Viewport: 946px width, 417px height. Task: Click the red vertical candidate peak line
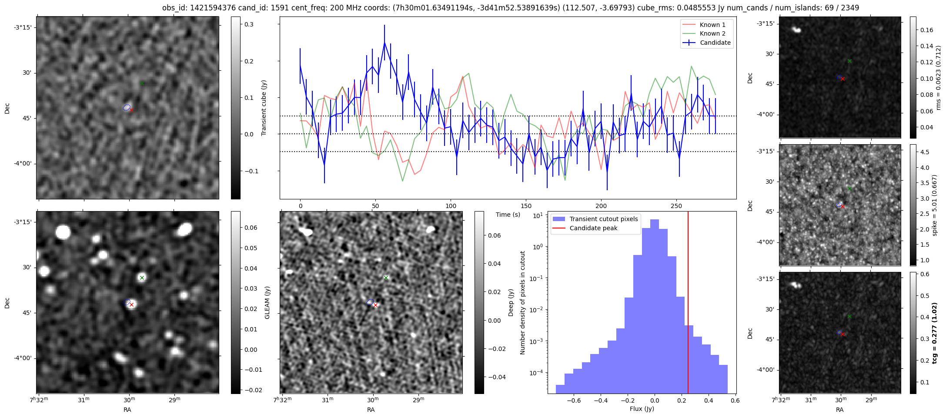click(688, 304)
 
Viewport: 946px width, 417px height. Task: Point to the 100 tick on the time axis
click(451, 206)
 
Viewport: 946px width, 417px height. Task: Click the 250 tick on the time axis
click(676, 206)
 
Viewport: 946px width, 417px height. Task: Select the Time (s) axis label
click(508, 215)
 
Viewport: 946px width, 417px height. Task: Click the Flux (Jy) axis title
click(642, 409)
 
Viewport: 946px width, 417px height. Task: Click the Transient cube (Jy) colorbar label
click(264, 108)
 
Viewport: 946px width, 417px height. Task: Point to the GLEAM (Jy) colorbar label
click(267, 302)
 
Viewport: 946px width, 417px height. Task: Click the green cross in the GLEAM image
click(142, 278)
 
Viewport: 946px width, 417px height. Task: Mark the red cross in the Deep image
click(375, 305)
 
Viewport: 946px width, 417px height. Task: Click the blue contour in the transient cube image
click(127, 107)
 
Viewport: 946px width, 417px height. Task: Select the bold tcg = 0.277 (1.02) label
click(935, 333)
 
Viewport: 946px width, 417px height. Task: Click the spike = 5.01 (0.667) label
click(935, 205)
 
